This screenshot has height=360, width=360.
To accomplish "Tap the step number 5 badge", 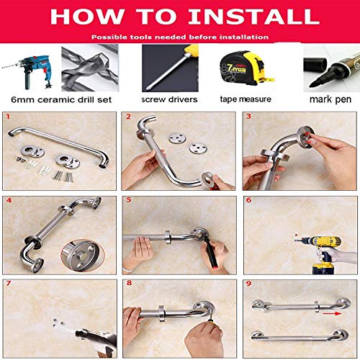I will click(x=128, y=201).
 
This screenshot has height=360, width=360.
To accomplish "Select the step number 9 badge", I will click(x=248, y=284).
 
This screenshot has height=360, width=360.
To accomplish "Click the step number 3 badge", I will click(x=248, y=117).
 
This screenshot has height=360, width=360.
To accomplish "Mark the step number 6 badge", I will click(x=248, y=201).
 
